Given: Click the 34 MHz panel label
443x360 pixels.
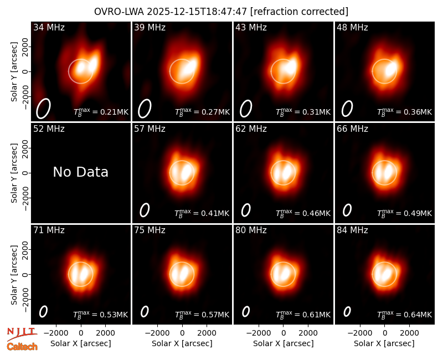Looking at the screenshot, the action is pos(49,27).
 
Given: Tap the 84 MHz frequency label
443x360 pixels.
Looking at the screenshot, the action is pos(352,230).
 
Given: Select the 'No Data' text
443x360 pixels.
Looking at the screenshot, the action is pos(80,172).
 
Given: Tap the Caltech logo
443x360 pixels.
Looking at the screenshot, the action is pos(22,347).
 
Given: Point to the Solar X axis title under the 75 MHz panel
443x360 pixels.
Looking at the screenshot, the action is pos(182,343).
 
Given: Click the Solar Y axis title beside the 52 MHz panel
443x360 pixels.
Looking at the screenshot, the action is pos(14,173).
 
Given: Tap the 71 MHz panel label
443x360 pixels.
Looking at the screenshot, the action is pos(49,230).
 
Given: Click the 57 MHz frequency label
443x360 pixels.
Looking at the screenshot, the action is pos(150,129).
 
